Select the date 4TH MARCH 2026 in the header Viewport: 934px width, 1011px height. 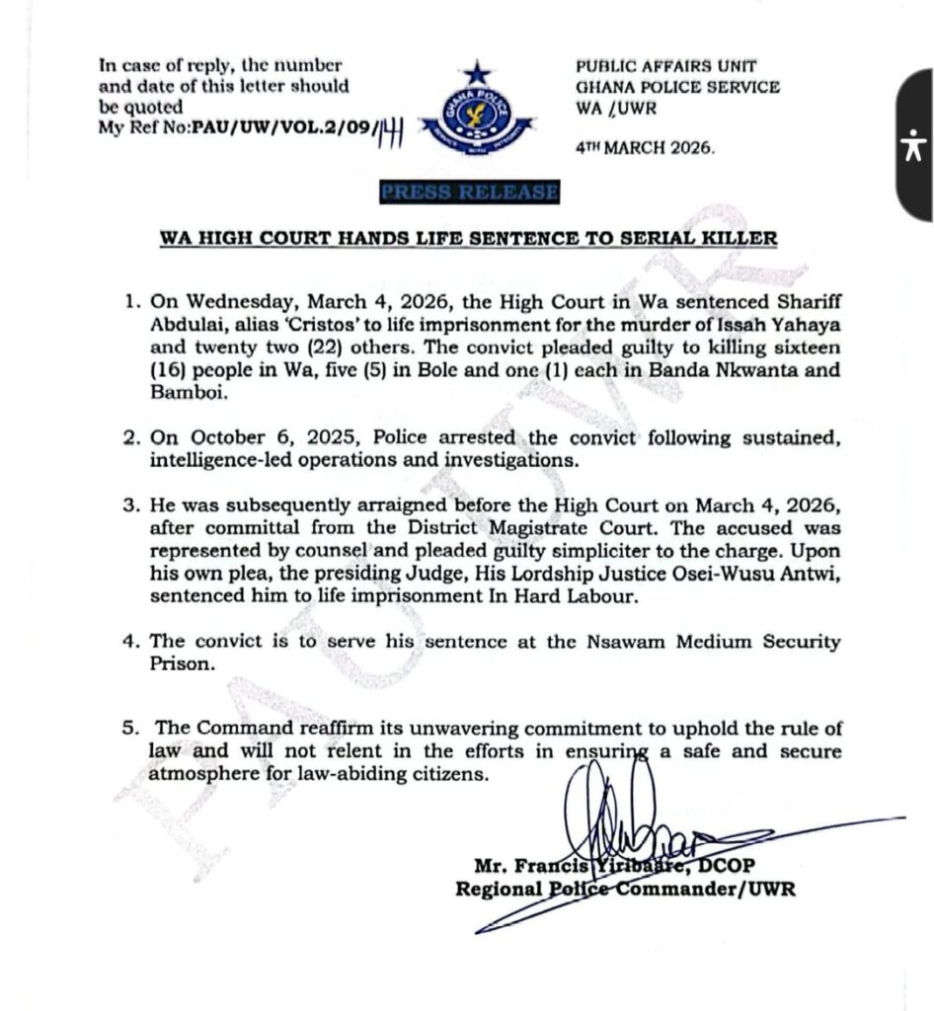tap(648, 145)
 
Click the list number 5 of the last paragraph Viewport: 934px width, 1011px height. tap(128, 729)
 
